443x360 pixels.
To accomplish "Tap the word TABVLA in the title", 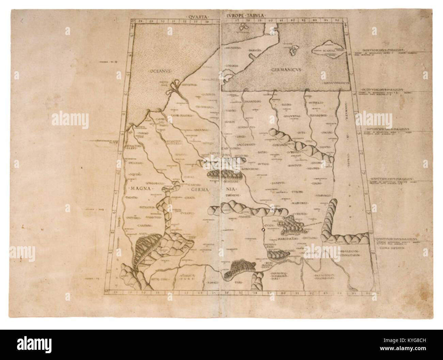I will pos(257,15).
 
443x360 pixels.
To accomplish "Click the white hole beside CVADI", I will pos(263,230).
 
